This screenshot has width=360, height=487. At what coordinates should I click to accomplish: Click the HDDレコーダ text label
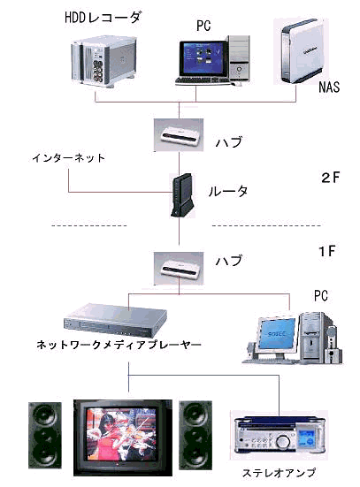(103, 18)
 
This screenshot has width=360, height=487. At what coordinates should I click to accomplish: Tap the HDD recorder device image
(103, 62)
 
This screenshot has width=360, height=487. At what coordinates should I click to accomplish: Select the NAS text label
(329, 87)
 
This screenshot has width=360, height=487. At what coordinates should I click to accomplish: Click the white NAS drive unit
(301, 51)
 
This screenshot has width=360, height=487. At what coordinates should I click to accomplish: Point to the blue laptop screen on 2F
(203, 57)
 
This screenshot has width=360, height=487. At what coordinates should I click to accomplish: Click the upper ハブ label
(229, 142)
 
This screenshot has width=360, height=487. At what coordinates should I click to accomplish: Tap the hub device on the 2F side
(179, 135)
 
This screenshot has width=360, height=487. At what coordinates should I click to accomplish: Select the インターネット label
(68, 158)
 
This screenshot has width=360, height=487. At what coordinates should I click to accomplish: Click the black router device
(182, 195)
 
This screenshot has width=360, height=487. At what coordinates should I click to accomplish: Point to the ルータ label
(228, 191)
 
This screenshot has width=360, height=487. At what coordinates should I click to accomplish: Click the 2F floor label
(330, 178)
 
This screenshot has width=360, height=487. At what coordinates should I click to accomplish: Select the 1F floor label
(326, 251)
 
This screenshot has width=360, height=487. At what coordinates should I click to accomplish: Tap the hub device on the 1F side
(179, 269)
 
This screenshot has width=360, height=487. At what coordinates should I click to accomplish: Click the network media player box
(115, 321)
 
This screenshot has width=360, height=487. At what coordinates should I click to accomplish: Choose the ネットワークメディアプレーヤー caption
(119, 345)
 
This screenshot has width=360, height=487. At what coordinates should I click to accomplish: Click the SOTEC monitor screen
(278, 333)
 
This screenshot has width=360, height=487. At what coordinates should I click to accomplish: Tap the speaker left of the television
(45, 435)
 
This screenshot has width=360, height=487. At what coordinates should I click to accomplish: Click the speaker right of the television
(195, 435)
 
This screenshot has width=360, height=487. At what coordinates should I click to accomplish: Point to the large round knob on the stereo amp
(283, 441)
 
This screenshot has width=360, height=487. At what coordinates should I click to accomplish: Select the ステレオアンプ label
(279, 473)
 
